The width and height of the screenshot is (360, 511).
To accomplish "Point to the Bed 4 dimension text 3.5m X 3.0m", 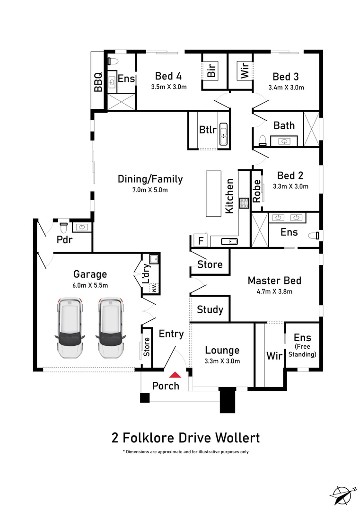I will coord(169,87).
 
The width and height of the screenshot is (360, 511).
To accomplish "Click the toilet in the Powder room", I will coord(64,227).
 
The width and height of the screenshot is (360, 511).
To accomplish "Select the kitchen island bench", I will coord(214,194).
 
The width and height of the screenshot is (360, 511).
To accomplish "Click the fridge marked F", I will coord(201,241).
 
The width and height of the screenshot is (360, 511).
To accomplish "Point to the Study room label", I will coord(210,309).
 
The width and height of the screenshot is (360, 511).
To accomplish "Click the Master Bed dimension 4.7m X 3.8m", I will coord(274,291).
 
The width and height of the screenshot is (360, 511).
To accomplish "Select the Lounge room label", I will coord(222,351).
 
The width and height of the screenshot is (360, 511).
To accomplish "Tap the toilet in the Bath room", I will coord(263,140).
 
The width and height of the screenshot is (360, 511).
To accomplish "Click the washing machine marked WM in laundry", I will coord(154,288).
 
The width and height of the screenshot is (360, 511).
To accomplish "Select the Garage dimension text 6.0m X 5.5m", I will coord(90,285).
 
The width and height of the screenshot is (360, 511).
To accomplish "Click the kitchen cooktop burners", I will coord(244,203).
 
